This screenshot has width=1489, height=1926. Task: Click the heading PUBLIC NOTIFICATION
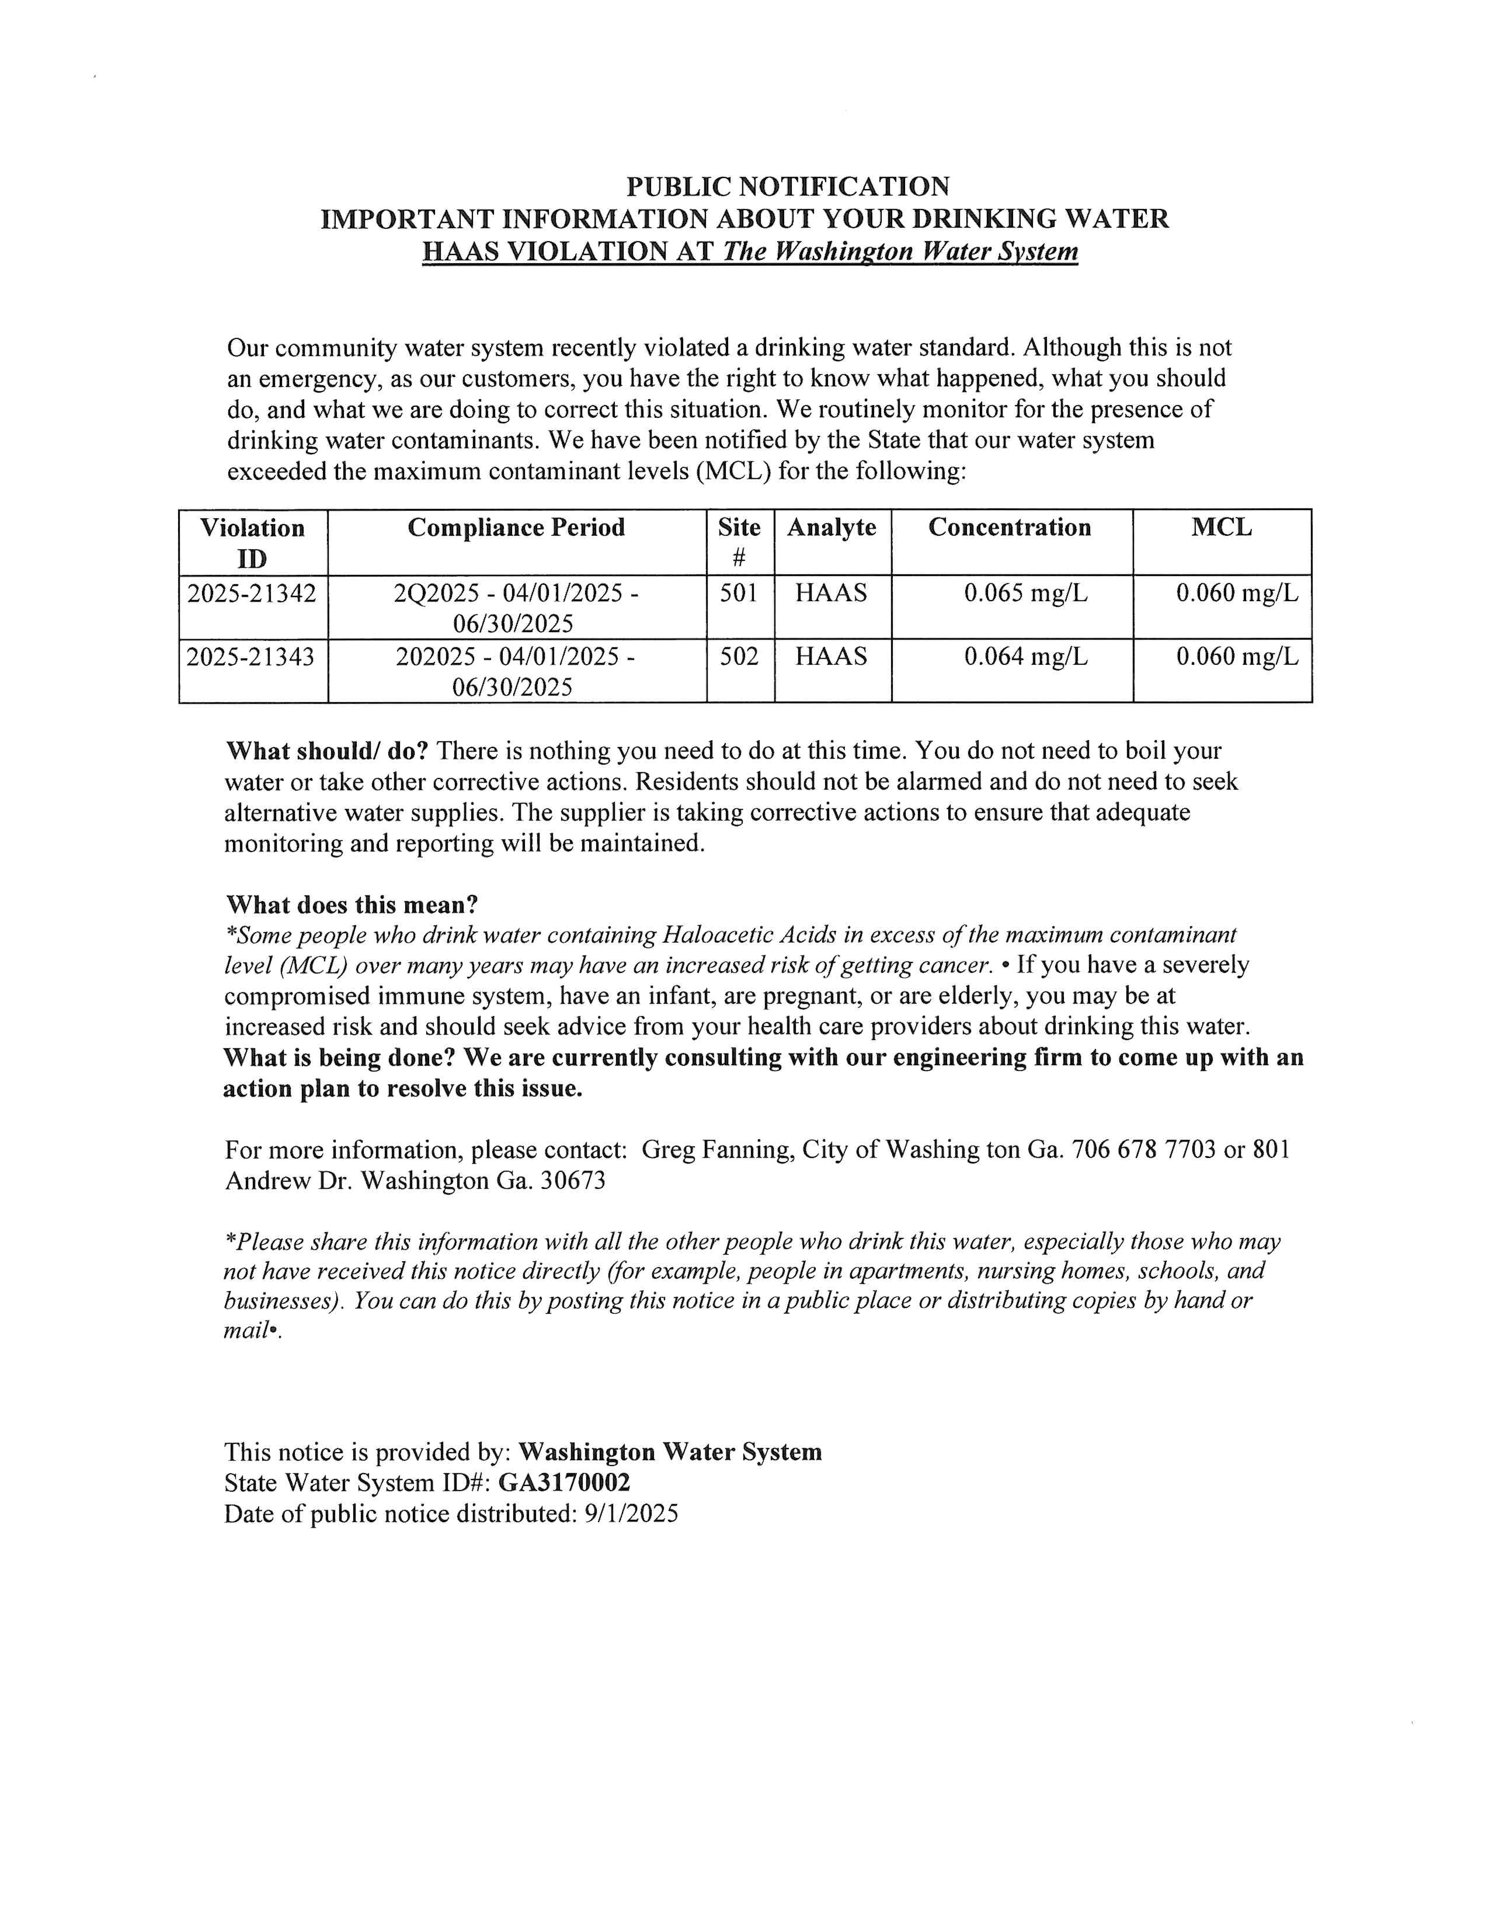click(787, 187)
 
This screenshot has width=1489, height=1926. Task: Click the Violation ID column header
click(252, 542)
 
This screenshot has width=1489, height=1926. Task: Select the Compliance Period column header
click(516, 528)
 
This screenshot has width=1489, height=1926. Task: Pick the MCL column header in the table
click(1221, 528)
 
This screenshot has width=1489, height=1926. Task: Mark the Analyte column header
click(832, 528)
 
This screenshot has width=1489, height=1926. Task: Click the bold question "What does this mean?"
click(352, 905)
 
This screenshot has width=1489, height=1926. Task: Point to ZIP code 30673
click(572, 1181)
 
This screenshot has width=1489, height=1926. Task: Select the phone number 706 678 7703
click(1143, 1150)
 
